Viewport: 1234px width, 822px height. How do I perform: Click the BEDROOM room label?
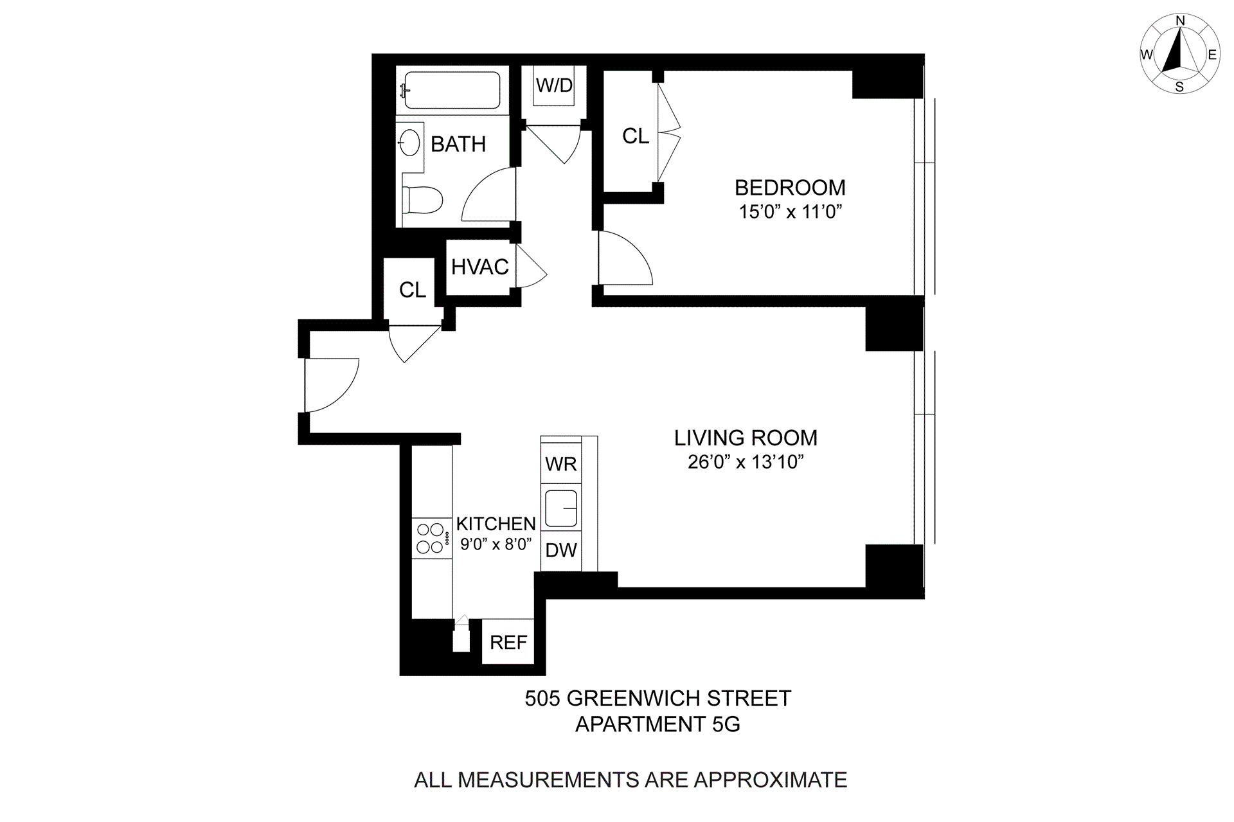click(789, 188)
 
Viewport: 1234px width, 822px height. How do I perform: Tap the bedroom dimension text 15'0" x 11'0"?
click(790, 211)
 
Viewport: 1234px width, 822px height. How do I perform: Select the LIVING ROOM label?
click(746, 438)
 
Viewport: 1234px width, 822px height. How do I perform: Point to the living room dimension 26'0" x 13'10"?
click(746, 462)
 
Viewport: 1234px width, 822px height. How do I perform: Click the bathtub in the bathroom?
click(452, 90)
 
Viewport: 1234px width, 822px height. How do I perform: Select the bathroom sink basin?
click(410, 143)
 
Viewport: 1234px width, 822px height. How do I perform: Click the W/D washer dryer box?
click(554, 85)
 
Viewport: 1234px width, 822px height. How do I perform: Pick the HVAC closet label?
click(479, 267)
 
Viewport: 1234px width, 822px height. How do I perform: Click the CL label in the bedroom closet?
click(636, 136)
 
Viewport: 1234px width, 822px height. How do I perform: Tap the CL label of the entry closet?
click(412, 290)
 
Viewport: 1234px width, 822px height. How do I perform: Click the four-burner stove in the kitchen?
click(431, 539)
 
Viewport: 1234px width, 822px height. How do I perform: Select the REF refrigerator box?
click(508, 642)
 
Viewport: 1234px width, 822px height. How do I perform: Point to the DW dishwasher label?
click(561, 550)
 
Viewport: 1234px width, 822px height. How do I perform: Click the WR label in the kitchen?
click(561, 464)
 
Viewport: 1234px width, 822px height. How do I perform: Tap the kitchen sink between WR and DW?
click(561, 508)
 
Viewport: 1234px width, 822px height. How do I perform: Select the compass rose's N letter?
click(1180, 21)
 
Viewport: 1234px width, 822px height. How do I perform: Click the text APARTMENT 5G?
click(657, 724)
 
